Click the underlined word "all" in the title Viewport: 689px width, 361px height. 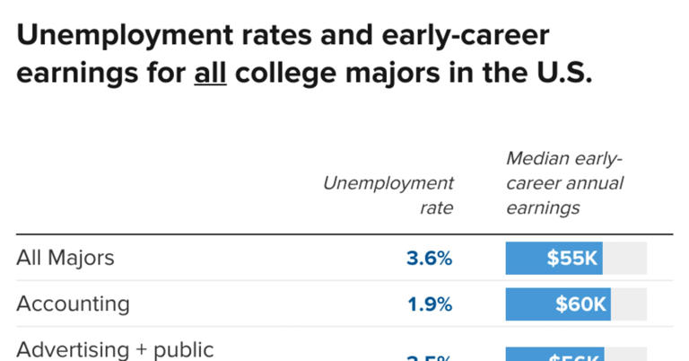(x=210, y=74)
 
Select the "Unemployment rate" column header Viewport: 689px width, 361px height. (x=388, y=195)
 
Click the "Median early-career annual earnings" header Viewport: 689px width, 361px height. (x=564, y=183)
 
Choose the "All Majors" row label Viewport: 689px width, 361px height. (x=65, y=258)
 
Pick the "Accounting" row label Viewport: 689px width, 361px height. (x=73, y=304)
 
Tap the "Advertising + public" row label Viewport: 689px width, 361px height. (x=115, y=349)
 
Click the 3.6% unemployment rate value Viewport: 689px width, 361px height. (x=429, y=259)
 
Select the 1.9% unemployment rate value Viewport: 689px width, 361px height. (x=430, y=304)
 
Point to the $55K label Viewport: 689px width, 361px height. (x=572, y=259)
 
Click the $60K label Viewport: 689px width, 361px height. (x=580, y=304)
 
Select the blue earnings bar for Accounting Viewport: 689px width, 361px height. (x=529, y=304)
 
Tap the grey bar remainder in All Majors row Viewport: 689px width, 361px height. (x=624, y=259)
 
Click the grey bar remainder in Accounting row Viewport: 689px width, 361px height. (x=629, y=304)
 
